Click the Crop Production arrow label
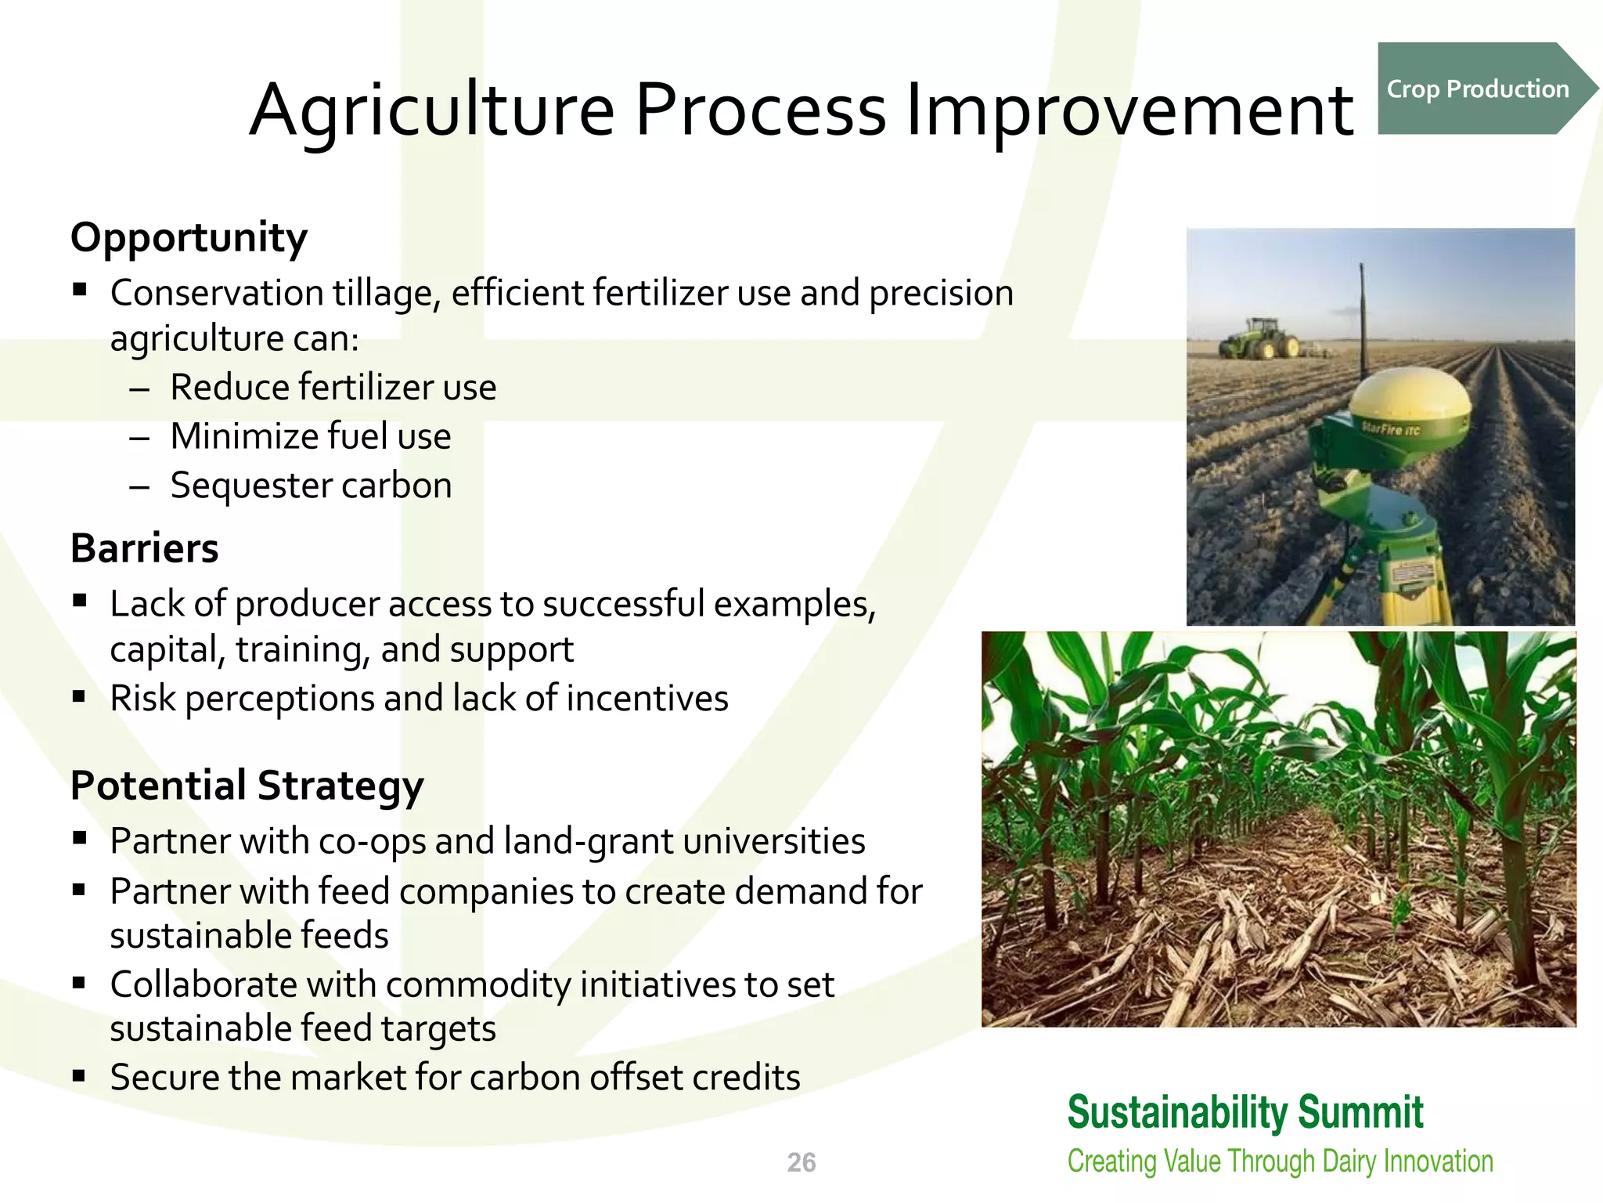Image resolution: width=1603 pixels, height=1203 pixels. (x=1478, y=89)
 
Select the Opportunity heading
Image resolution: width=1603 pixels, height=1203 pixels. (x=189, y=237)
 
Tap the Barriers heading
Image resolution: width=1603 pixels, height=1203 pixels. (x=144, y=548)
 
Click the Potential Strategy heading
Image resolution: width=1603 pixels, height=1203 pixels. (x=247, y=786)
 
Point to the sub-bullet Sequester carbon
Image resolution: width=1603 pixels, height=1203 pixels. (x=311, y=485)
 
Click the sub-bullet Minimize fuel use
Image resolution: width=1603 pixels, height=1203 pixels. (x=311, y=436)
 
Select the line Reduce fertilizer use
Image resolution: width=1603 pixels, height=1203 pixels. (x=333, y=387)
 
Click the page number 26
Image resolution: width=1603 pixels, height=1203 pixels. (x=801, y=1162)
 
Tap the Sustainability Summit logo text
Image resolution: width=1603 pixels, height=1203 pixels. (x=1245, y=1112)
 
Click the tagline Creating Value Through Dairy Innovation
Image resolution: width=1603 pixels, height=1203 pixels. (x=1280, y=1161)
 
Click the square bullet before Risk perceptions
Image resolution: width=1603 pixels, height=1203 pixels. (x=79, y=696)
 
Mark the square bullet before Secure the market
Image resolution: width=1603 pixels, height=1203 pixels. (x=79, y=1075)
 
